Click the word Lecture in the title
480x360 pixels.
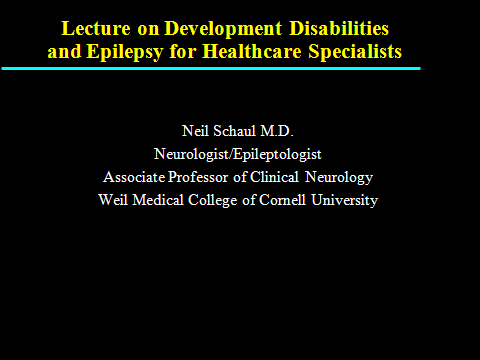tap(96, 28)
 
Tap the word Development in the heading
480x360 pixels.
tap(223, 28)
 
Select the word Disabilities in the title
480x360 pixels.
tap(339, 28)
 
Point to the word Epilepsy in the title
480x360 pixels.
tap(125, 52)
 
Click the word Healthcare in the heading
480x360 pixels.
tap(252, 51)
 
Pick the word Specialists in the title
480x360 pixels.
tap(355, 52)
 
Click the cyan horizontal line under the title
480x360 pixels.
tap(211, 69)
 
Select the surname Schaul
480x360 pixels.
tap(234, 131)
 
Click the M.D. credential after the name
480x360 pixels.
tap(277, 131)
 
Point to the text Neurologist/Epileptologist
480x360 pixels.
tap(238, 154)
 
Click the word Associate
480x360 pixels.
tap(134, 177)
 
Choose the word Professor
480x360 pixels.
tap(198, 177)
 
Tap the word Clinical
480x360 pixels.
tap(274, 177)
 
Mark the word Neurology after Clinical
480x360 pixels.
tap(339, 178)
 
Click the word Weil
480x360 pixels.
tap(113, 200)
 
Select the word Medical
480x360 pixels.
tap(158, 200)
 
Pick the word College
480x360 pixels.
tap(213, 201)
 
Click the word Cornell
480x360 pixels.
tap(282, 200)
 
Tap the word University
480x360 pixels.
tap(344, 201)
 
